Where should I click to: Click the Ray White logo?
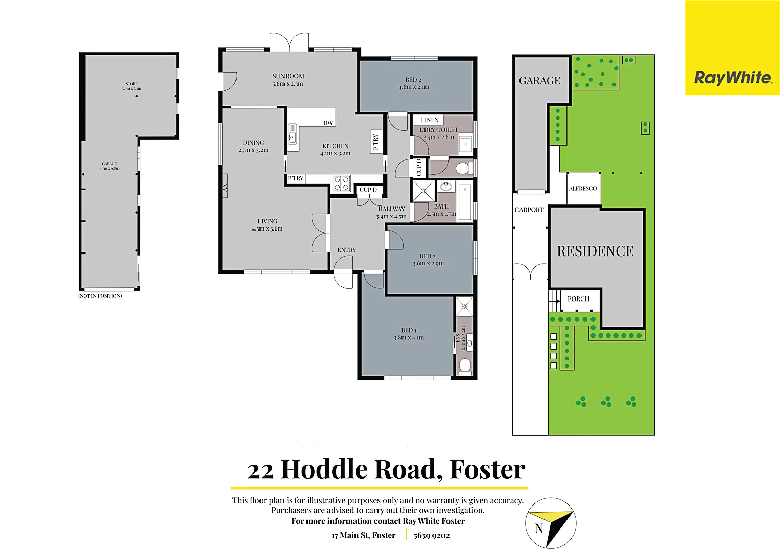(x=732, y=78)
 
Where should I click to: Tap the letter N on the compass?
(x=539, y=528)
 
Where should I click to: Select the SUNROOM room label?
(x=288, y=76)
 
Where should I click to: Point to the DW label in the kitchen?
(x=328, y=123)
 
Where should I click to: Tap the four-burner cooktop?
(x=341, y=183)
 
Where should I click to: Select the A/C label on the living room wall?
(x=225, y=186)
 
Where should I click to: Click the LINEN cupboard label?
(x=430, y=120)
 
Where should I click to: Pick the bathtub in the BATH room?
(x=464, y=202)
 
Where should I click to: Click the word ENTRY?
(x=347, y=250)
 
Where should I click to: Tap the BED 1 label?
(x=409, y=330)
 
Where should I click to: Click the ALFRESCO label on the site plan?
(x=583, y=189)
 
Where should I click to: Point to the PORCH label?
(x=578, y=299)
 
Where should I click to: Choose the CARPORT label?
(x=529, y=210)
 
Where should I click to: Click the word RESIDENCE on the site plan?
(x=595, y=251)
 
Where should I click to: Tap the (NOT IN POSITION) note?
(x=100, y=296)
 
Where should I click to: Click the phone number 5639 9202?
(x=432, y=535)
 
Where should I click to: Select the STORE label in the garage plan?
(x=132, y=84)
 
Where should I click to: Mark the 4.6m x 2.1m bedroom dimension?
(x=414, y=87)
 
